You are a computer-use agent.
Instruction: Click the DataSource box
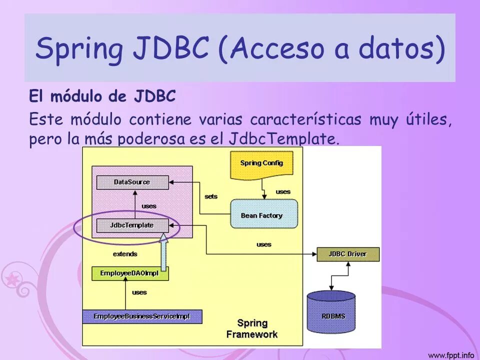(x=132, y=182)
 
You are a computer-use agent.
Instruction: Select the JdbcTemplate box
(x=132, y=225)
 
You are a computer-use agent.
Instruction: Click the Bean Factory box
(x=261, y=215)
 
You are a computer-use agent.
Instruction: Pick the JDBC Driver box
(x=347, y=254)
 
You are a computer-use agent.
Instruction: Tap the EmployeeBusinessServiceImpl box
(x=142, y=316)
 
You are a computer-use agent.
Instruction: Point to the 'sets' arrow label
(x=211, y=196)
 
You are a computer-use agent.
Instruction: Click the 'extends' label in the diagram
(x=125, y=254)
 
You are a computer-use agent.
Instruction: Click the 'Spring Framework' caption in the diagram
(x=252, y=328)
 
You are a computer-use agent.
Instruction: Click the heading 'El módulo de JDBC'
(x=102, y=96)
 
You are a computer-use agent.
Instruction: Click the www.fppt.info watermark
(x=450, y=355)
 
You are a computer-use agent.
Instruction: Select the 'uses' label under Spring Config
(x=283, y=191)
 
